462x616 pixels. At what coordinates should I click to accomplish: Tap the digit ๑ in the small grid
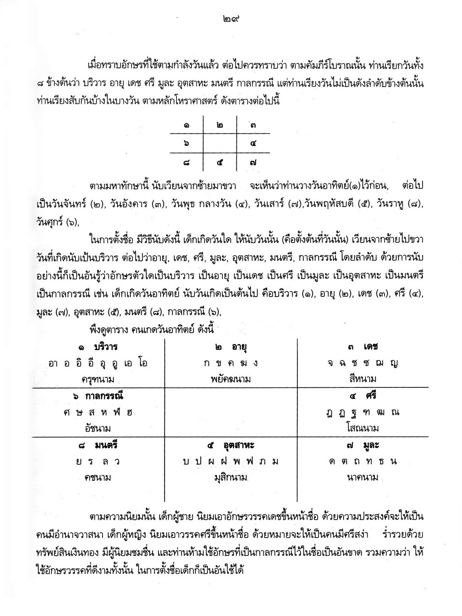186,126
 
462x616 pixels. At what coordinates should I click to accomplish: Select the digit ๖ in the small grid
186,144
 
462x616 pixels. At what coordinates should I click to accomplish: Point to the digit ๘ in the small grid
186,163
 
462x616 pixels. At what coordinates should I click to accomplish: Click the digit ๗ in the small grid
253,163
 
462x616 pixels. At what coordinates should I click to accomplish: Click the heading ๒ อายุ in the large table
231,347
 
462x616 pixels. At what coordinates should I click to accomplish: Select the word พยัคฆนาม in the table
231,379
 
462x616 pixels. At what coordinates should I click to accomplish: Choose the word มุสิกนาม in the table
231,477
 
